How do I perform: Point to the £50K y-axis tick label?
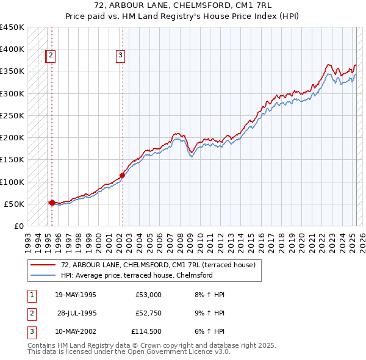14,204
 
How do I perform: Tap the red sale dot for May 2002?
122,175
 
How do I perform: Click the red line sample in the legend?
43,264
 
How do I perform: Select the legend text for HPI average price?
136,275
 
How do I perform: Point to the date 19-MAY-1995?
76,295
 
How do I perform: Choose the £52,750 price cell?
146,314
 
